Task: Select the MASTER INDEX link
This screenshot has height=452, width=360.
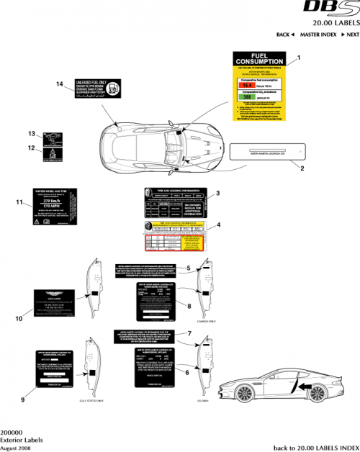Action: tap(317, 35)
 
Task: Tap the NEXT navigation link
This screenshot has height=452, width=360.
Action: tap(350, 35)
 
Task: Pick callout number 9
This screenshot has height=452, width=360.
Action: tap(23, 398)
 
